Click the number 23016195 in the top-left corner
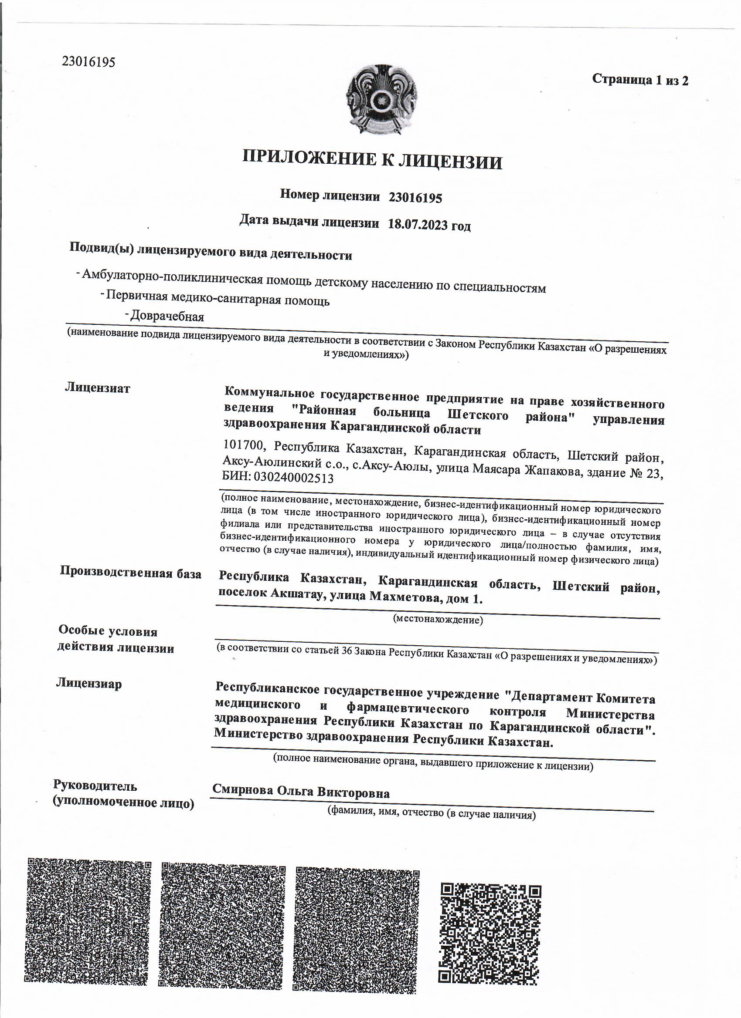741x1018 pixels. (88, 61)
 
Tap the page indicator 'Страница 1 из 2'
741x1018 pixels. (640, 79)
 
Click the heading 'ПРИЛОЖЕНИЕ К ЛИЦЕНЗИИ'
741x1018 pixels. (372, 160)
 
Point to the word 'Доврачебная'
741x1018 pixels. (167, 317)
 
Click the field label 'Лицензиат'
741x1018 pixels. (97, 388)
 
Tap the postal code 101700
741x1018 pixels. (246, 445)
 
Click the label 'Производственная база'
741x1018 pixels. (130, 573)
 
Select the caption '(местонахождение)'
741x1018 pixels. (438, 620)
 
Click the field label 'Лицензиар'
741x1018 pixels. (88, 684)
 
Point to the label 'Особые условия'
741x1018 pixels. (108, 631)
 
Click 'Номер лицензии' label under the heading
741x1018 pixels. (330, 195)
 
